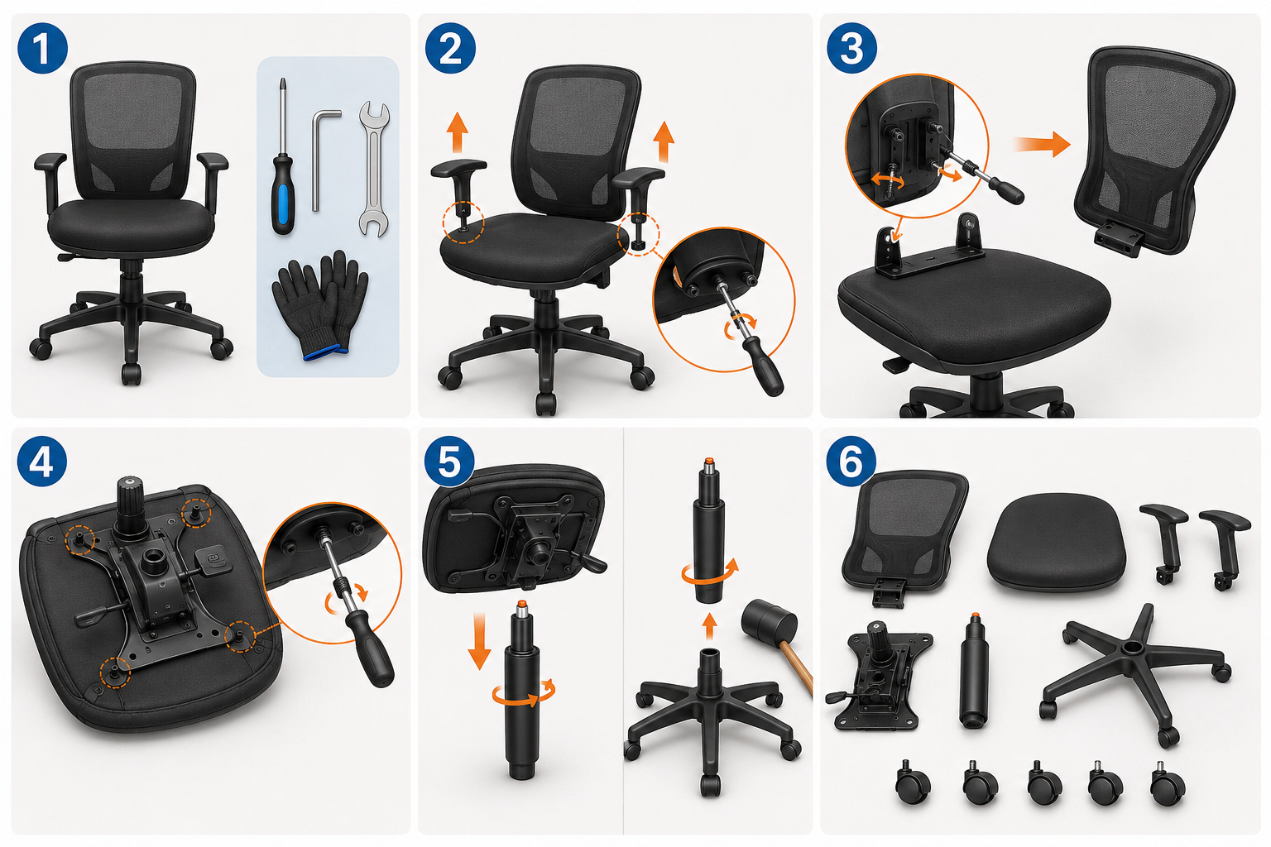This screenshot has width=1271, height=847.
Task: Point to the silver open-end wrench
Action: (x=374, y=169)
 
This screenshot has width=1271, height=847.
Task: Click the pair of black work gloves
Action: (x=320, y=305)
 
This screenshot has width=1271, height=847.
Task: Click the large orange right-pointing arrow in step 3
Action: (x=1042, y=144)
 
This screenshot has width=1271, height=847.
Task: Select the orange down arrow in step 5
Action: (x=479, y=640)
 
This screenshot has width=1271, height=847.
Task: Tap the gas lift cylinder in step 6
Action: (x=974, y=670)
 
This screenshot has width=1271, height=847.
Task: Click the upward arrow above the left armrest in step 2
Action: (x=457, y=132)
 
